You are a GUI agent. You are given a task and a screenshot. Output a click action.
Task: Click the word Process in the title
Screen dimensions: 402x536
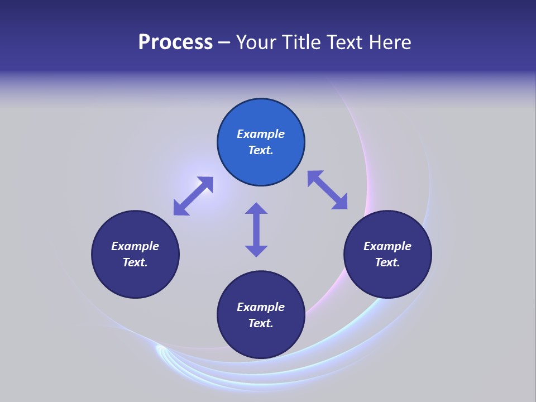(x=175, y=42)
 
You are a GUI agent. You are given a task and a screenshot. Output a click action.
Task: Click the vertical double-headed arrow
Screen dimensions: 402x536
(x=256, y=229)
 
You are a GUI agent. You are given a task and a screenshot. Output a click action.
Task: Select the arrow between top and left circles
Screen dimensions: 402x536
(x=193, y=196)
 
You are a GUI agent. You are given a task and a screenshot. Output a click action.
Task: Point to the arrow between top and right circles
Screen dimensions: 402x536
(x=328, y=190)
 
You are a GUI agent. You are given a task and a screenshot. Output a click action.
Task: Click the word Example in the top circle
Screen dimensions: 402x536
(x=261, y=134)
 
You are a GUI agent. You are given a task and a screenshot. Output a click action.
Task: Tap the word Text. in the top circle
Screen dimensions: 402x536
(x=261, y=150)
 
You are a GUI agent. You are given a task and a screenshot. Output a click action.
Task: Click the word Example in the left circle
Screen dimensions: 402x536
(x=135, y=246)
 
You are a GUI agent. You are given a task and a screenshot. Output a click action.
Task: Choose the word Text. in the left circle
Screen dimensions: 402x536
(x=135, y=262)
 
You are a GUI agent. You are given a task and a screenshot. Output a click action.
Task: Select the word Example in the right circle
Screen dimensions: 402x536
(x=387, y=246)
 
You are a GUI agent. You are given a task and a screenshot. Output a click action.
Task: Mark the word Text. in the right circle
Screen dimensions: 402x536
(x=387, y=262)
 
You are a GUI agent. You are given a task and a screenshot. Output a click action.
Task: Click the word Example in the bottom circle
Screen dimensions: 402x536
(x=261, y=307)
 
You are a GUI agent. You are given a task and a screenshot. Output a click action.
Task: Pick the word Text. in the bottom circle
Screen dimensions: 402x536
(x=261, y=323)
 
